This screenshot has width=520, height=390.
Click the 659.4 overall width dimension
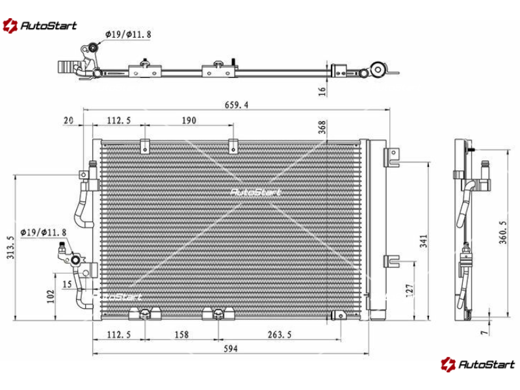[x=236, y=105]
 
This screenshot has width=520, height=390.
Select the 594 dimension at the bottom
[x=231, y=348]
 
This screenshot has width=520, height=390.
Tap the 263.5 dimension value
[x=279, y=335]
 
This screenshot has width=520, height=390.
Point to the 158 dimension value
[x=181, y=335]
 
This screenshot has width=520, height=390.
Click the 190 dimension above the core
[x=189, y=120]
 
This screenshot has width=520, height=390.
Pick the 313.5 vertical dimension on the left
[x=10, y=248]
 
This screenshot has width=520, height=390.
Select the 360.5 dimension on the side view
[x=502, y=232]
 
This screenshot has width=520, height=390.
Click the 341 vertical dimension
[x=424, y=241]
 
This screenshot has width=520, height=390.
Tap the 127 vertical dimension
[x=410, y=291]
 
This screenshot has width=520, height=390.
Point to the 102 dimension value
[x=51, y=296]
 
